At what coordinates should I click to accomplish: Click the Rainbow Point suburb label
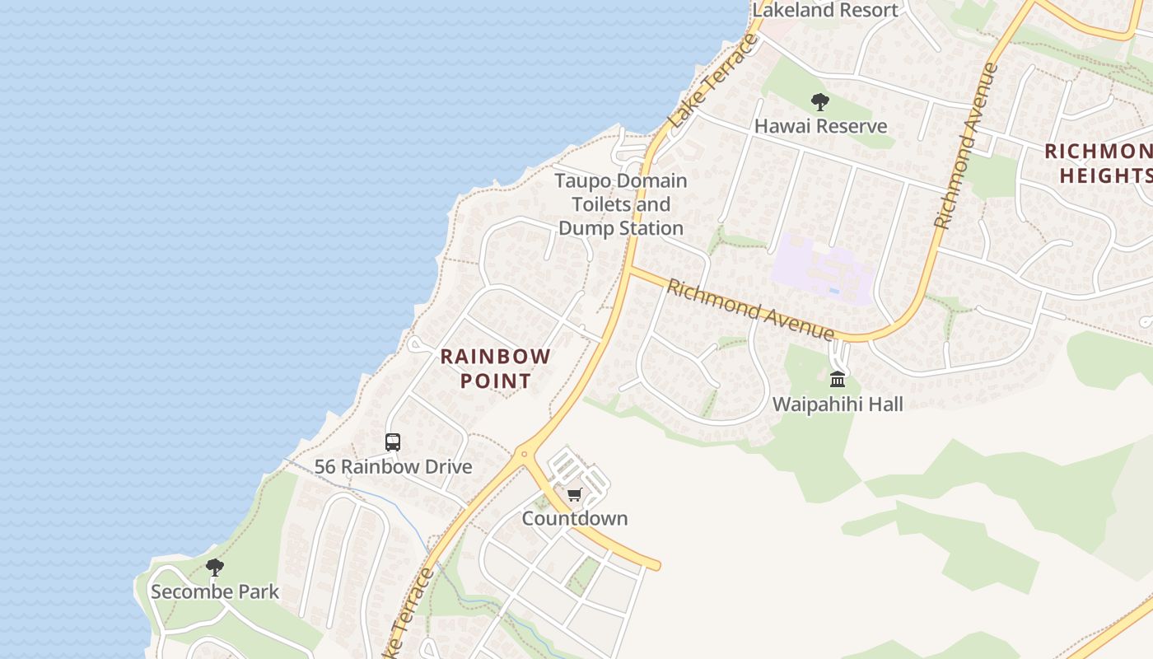tap(495, 368)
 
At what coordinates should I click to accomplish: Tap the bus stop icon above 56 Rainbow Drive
tap(393, 442)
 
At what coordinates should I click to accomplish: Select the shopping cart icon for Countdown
tap(574, 494)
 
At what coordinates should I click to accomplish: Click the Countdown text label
tap(575, 518)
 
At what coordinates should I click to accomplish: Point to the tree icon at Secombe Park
tap(215, 568)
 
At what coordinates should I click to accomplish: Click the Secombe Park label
tap(215, 591)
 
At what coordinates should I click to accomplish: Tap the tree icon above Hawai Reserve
tap(819, 102)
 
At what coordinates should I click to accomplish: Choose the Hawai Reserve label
tap(821, 126)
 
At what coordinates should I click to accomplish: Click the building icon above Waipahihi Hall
tap(838, 380)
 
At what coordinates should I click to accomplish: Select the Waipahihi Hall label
tap(838, 404)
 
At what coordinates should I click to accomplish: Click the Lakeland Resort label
tap(825, 10)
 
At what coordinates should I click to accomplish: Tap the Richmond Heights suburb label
tap(1099, 163)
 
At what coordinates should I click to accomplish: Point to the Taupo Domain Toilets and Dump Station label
tap(621, 204)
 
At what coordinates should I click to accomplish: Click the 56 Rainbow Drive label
tap(394, 466)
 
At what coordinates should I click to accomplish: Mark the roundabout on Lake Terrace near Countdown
tap(524, 453)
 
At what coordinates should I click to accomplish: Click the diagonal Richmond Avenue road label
tap(749, 310)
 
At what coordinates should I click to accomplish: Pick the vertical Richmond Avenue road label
tap(965, 145)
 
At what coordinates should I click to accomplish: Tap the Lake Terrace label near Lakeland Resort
tap(713, 80)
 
